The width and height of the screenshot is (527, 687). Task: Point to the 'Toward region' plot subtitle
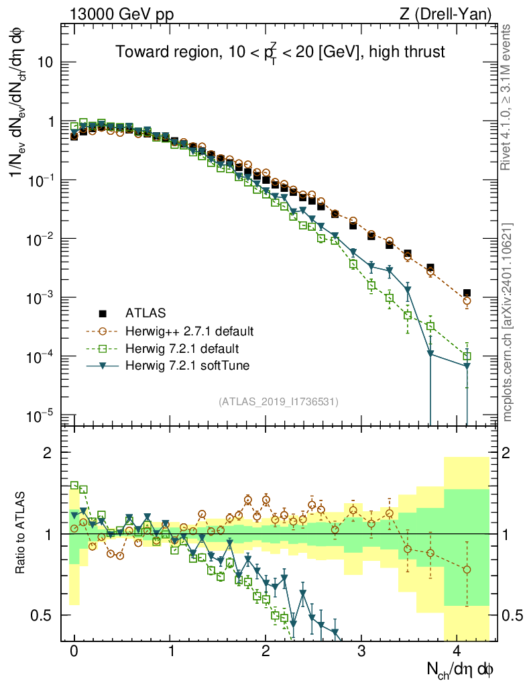(x=280, y=52)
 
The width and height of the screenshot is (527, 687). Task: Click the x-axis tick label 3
(x=361, y=651)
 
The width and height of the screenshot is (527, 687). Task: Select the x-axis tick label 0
(x=74, y=651)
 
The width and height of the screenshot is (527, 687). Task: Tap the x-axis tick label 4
(x=457, y=651)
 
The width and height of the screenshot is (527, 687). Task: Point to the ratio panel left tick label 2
(x=48, y=453)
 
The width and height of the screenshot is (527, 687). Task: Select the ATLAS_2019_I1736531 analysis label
(x=278, y=402)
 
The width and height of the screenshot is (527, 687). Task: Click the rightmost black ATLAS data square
(x=467, y=293)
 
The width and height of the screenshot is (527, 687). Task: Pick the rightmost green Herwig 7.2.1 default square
(x=467, y=356)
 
